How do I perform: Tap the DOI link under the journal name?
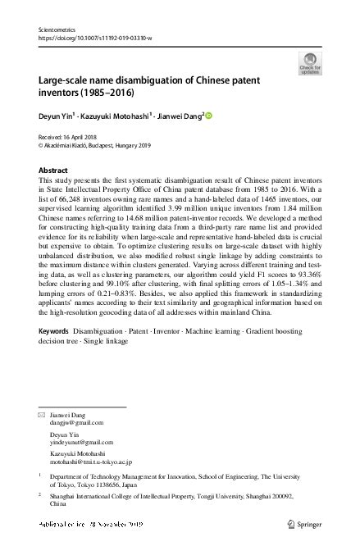(x=94, y=38)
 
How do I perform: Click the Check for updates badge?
(x=310, y=61)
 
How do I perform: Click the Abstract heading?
(x=53, y=170)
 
